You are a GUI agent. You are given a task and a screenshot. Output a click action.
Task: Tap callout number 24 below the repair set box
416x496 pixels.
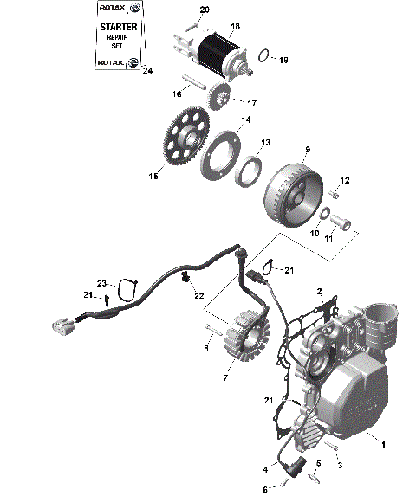coord(146,71)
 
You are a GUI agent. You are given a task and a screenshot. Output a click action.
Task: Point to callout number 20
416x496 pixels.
coord(205,10)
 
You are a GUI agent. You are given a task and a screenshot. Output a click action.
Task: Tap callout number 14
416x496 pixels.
coord(246,119)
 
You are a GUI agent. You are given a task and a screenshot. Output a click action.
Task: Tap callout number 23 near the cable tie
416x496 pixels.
coord(101,283)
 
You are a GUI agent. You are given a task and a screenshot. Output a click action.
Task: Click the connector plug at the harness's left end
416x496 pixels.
coord(62,326)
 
